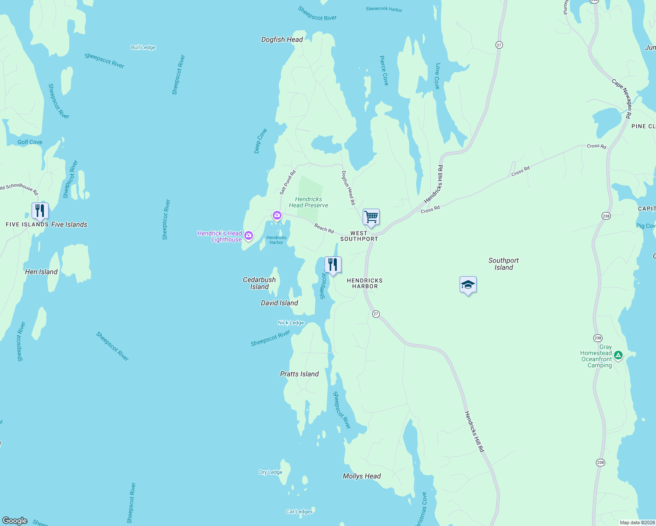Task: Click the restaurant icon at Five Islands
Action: [40, 211]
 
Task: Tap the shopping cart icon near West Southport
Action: [371, 217]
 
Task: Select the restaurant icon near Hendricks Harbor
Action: [333, 265]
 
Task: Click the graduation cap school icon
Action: [468, 285]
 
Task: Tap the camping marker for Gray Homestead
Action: [618, 355]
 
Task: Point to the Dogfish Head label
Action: [282, 39]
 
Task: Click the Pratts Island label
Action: [299, 374]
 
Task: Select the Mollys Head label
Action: [362, 476]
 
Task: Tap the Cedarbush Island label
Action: [260, 283]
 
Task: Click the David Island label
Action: [279, 303]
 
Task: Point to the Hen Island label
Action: [41, 272]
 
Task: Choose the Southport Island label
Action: [503, 264]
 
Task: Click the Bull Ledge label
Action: [143, 47]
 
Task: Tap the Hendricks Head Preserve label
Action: [309, 202]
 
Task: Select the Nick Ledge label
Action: [291, 323]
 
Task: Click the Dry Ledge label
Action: [271, 472]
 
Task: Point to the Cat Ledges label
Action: [299, 512]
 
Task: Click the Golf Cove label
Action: [30, 142]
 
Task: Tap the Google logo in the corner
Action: [15, 521]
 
